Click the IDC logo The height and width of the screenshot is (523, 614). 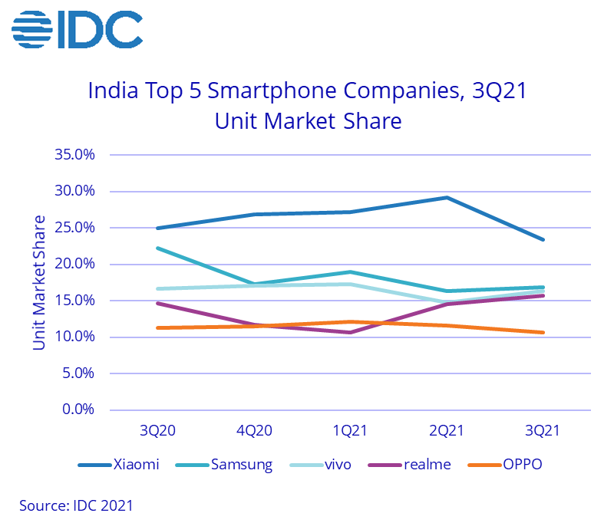(77, 30)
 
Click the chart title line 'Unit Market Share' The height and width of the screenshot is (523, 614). (308, 121)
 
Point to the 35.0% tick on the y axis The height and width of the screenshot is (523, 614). (74, 155)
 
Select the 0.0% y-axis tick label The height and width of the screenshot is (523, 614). (78, 410)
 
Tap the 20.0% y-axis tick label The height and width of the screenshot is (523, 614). (74, 264)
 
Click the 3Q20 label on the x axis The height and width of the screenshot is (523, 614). (157, 431)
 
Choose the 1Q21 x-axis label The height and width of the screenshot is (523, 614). (350, 431)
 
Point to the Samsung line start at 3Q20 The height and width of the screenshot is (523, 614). (157, 248)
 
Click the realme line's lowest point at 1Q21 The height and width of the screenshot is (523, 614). (350, 332)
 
